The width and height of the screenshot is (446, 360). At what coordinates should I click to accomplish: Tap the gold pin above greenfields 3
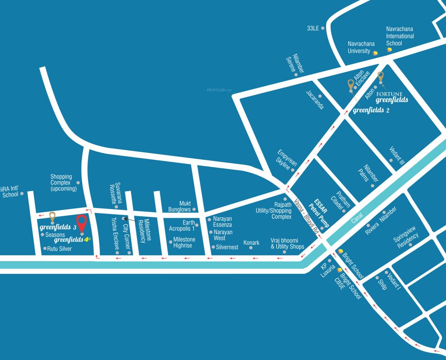(52, 216)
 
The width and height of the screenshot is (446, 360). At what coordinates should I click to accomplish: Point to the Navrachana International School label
(400, 36)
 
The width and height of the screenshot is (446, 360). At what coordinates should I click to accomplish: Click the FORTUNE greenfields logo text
(392, 97)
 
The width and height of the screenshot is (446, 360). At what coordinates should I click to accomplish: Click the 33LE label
(312, 28)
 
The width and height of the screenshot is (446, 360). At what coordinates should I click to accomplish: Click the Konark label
(251, 243)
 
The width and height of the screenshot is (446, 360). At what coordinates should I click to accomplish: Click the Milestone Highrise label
(184, 242)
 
